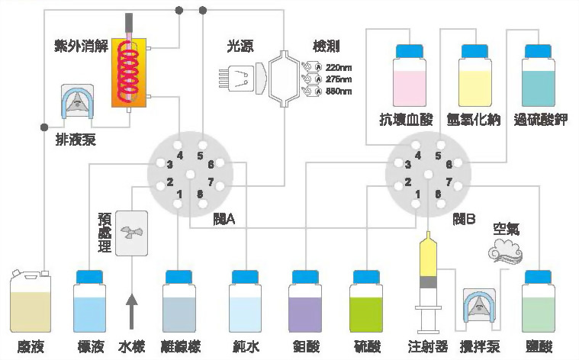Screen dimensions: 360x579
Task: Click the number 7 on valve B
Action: [449, 182]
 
